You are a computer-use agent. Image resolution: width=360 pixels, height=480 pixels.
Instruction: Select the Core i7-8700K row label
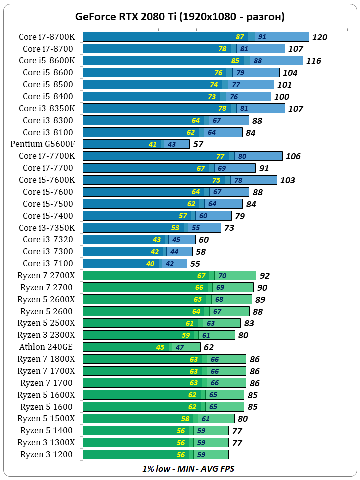coord(47,37)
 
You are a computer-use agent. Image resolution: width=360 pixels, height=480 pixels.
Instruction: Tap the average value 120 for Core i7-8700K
coord(319,37)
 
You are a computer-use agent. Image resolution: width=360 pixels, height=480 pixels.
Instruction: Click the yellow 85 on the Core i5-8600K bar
coord(236,61)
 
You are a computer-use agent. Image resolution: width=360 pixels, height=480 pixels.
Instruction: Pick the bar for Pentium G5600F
coord(136,144)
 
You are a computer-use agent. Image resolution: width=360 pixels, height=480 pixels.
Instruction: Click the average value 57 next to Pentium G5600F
coord(198,145)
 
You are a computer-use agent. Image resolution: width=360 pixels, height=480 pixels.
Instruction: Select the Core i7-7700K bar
coord(182,156)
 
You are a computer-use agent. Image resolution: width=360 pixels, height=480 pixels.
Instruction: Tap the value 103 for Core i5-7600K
coord(288,180)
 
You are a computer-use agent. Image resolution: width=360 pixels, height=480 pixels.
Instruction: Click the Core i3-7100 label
coord(48,264)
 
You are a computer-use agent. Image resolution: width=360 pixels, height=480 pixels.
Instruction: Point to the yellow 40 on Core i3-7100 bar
coord(150,264)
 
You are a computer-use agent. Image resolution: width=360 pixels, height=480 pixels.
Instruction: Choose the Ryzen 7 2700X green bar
coord(169,276)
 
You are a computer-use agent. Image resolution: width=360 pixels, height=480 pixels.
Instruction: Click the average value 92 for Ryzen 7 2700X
coord(265,276)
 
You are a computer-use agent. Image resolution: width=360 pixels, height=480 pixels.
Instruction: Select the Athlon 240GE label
coord(46,347)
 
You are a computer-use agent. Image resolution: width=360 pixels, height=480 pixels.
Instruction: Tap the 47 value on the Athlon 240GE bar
coord(180,347)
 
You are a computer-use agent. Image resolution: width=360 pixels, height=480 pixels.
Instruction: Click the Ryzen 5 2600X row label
coord(46,300)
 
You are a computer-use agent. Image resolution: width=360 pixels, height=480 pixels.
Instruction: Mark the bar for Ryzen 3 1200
coord(155,455)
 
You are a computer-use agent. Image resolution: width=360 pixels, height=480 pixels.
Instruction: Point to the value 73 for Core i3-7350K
coord(229,228)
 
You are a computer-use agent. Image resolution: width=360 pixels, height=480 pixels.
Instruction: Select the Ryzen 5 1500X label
coord(46,419)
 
